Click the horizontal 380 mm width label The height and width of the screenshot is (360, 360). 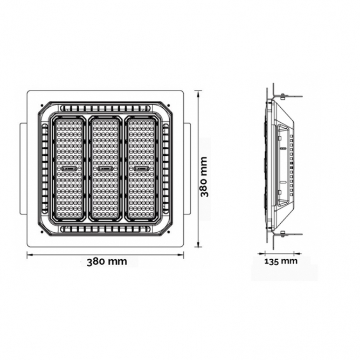click(x=107, y=261)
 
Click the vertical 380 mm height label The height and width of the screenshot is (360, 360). click(x=204, y=177)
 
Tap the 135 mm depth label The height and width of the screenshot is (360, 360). click(x=281, y=261)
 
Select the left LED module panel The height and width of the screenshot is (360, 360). click(x=69, y=169)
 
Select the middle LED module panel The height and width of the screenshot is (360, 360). click(x=105, y=169)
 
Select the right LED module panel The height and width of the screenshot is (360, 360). click(x=141, y=169)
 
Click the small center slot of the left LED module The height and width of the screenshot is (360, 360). click(x=69, y=169)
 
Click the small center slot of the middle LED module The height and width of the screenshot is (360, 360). click(x=105, y=169)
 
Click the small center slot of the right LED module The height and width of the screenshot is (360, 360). click(x=141, y=169)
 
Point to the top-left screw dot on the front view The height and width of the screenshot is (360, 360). click(x=41, y=106)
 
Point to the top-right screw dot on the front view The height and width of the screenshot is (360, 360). click(x=169, y=106)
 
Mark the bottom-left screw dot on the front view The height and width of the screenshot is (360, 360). click(x=41, y=232)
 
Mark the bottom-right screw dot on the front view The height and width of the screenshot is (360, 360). click(x=169, y=232)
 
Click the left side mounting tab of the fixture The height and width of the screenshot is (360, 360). click(x=23, y=169)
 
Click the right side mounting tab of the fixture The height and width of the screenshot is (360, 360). click(x=187, y=169)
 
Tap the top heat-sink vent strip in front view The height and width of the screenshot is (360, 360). click(x=106, y=108)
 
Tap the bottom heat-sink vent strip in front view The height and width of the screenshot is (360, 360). click(x=106, y=229)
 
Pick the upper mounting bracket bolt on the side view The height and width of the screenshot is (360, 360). click(x=282, y=96)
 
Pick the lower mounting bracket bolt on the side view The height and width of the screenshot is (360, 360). click(x=282, y=234)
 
